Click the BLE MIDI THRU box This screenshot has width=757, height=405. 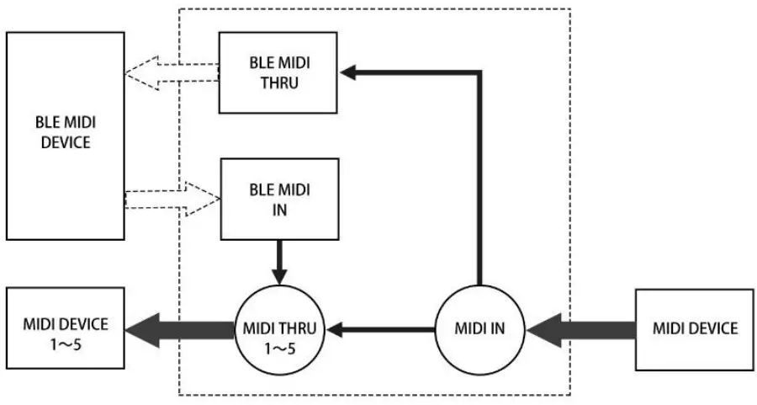pos(278,72)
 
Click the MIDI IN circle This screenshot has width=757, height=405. pos(479,328)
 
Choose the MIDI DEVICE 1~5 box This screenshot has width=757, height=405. pos(64,328)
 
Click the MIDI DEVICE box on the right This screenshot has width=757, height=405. pos(695,328)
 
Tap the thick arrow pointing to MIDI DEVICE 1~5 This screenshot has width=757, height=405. pos(177,328)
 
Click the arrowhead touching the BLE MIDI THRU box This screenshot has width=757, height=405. pos(347,73)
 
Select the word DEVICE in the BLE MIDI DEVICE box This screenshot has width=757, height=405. pos(64,142)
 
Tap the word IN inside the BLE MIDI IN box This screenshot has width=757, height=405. pos(278,210)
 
